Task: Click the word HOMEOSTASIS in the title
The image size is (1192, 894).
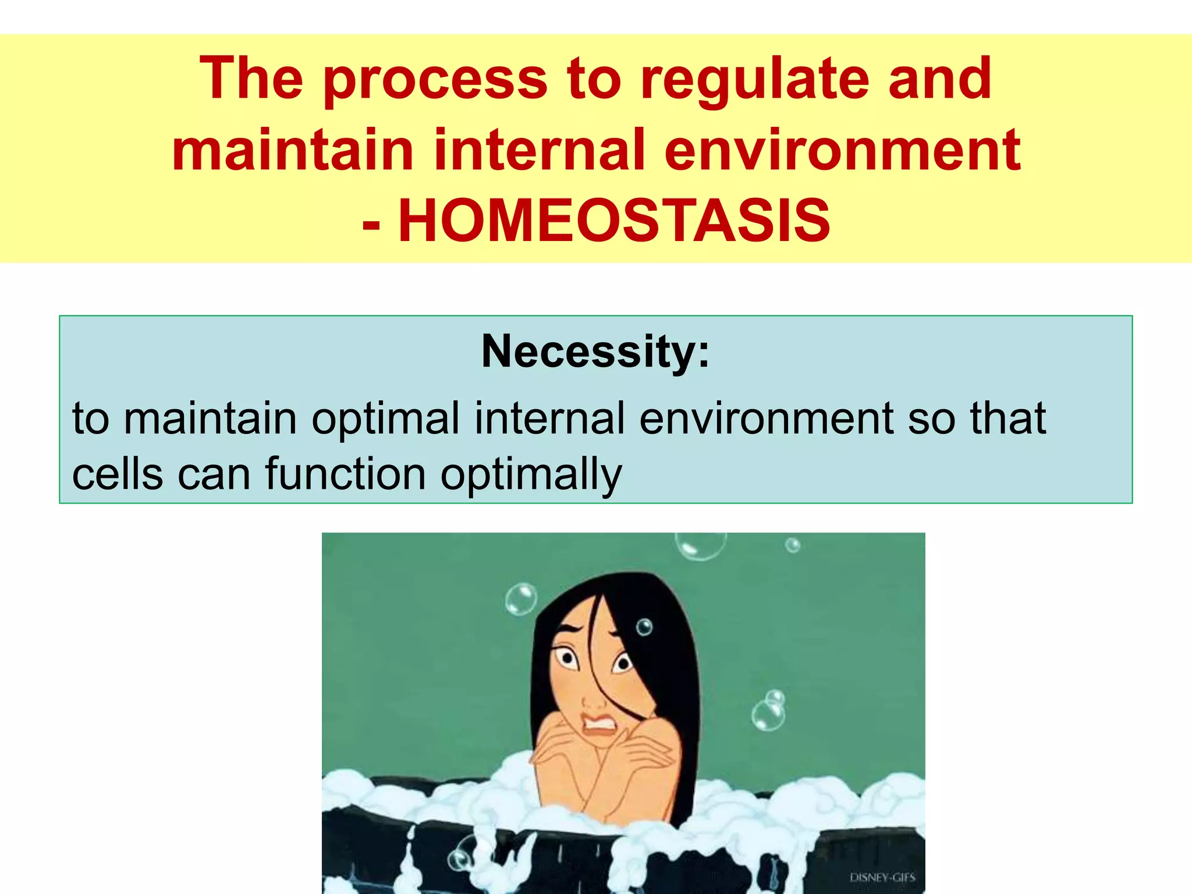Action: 614,221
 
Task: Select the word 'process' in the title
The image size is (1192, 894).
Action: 435,80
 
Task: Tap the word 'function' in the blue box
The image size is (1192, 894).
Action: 346,474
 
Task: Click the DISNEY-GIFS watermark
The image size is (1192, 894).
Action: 882,878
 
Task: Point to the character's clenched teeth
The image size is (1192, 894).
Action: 600,725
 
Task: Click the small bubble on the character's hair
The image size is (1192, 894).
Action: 644,627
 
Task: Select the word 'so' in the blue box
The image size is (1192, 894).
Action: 931,419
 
